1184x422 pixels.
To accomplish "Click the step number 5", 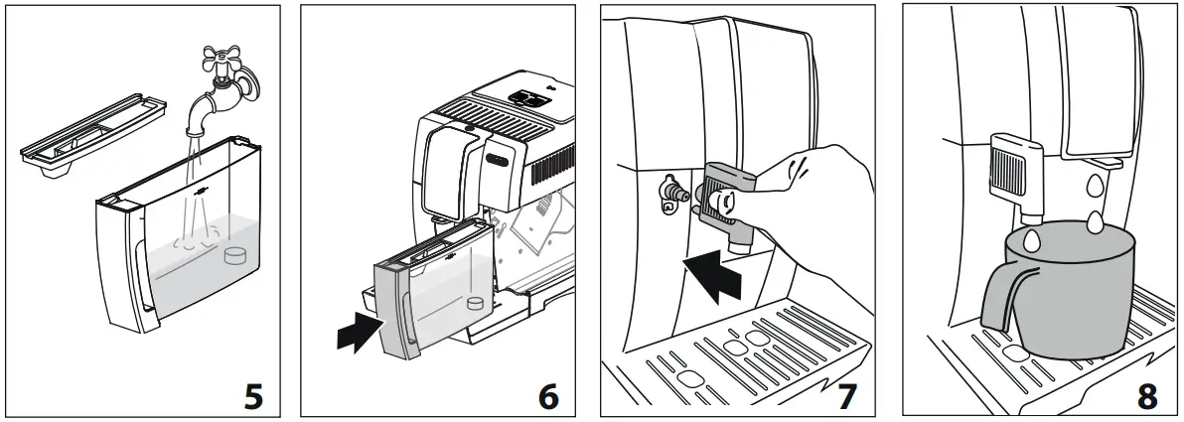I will [x=254, y=396].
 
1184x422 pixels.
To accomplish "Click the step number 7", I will [x=845, y=396].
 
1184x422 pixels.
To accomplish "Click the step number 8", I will [x=1146, y=396].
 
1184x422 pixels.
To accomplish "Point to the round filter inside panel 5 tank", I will [x=235, y=255].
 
